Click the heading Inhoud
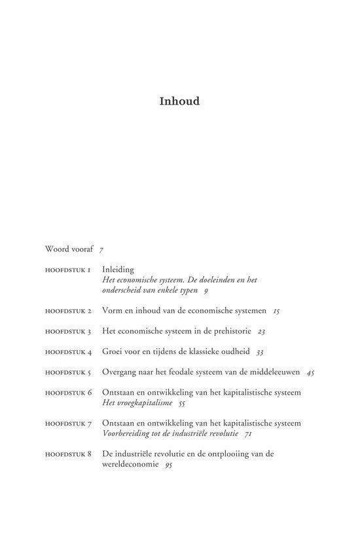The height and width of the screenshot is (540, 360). coord(179,102)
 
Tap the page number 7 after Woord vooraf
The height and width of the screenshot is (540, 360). coord(101,249)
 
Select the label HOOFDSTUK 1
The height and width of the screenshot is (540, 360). coord(68,269)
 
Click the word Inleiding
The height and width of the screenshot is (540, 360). coord(118,269)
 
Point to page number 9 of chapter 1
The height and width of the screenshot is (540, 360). coord(206,289)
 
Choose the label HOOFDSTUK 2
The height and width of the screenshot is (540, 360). coord(68,310)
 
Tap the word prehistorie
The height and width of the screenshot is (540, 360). coord(228,331)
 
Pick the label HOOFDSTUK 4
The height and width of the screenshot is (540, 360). coord(68,351)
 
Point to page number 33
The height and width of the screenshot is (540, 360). coord(260,352)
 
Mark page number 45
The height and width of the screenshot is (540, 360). coord(310,372)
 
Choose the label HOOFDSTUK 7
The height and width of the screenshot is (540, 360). coord(68,423)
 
